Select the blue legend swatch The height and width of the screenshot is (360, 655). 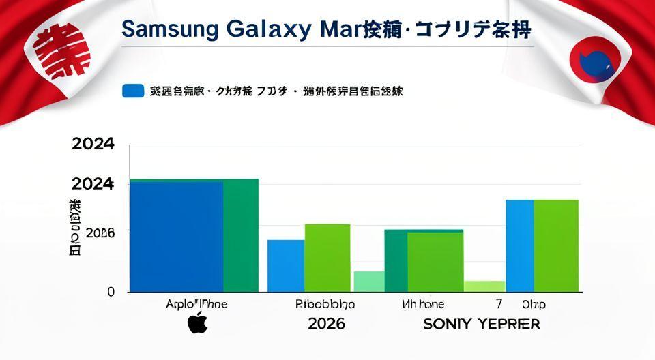(132, 91)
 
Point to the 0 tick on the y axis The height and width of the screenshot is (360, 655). (111, 292)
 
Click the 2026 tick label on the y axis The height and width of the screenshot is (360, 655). (100, 232)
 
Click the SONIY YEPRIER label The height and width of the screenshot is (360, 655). (481, 324)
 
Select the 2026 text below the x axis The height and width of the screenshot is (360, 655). (326, 323)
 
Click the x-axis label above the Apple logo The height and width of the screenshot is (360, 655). (196, 304)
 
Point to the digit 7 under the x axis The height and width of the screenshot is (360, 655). (499, 304)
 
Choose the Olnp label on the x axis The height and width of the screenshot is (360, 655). (534, 304)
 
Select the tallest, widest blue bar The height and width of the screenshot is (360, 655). (177, 237)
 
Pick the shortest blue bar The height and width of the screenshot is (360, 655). (286, 266)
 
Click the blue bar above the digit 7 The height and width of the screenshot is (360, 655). (519, 245)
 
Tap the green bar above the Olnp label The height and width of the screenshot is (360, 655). (555, 245)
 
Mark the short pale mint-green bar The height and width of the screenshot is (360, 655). (369, 282)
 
